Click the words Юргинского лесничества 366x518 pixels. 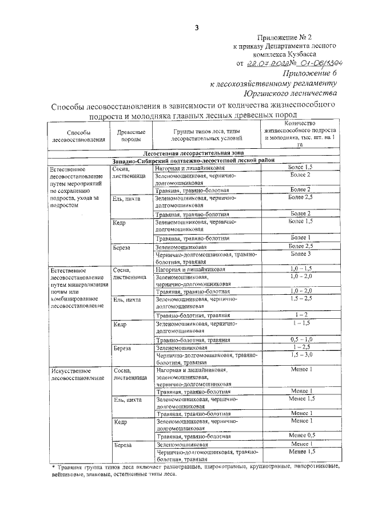tap(290, 92)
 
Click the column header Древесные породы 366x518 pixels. tap(130, 135)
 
